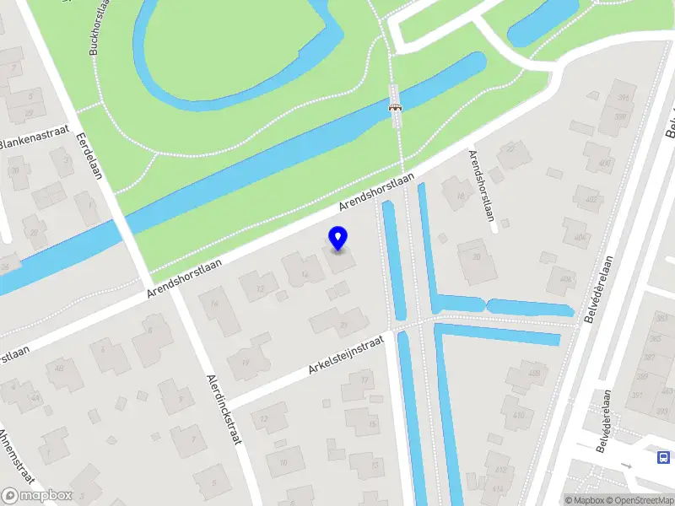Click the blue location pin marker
[338, 239]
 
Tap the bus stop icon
[664, 458]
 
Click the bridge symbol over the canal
[394, 107]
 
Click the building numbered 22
[509, 151]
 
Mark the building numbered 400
[602, 164]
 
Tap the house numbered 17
[364, 381]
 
